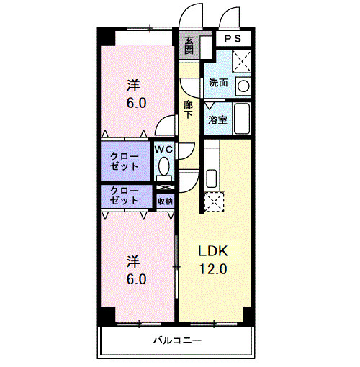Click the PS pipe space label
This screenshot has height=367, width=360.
[233, 39]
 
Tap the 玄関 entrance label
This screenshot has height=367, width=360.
[189, 45]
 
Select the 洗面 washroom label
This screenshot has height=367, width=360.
[218, 83]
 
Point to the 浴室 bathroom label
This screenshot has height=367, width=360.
[217, 119]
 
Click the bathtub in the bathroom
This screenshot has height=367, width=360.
[242, 118]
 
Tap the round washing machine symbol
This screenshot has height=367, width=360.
[243, 86]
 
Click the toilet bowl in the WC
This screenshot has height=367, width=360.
[164, 166]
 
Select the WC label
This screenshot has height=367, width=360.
[163, 150]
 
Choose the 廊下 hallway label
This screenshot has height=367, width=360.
[188, 109]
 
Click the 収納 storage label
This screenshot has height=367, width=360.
[165, 201]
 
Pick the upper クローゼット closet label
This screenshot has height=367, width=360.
[125, 161]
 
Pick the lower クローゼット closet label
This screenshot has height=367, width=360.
[125, 196]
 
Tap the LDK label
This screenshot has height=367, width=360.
[213, 251]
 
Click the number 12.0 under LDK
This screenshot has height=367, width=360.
[213, 269]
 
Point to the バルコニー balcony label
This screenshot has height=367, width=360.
[177, 340]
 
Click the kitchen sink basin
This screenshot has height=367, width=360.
[212, 178]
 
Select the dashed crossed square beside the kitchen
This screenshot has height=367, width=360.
[214, 201]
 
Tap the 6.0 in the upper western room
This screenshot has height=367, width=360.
[136, 103]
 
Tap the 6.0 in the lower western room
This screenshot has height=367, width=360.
[136, 279]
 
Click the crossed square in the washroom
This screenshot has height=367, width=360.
[242, 61]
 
